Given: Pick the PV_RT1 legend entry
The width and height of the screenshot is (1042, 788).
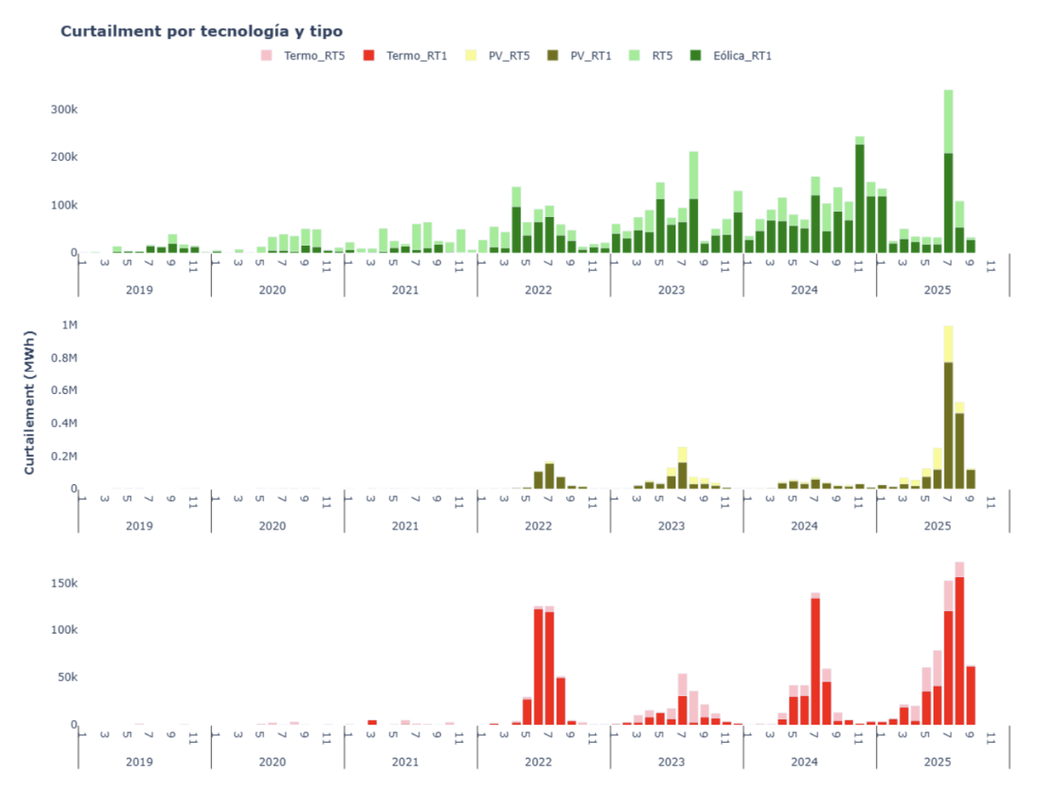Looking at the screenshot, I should point(582,56).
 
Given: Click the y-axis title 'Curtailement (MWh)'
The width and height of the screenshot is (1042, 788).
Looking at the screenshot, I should point(30,402).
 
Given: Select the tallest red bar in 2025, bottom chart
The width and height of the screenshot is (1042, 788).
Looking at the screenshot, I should point(960,651).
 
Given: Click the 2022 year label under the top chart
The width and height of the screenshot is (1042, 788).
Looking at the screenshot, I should point(538,290).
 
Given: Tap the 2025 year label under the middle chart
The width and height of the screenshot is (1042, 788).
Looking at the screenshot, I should point(938,526).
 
